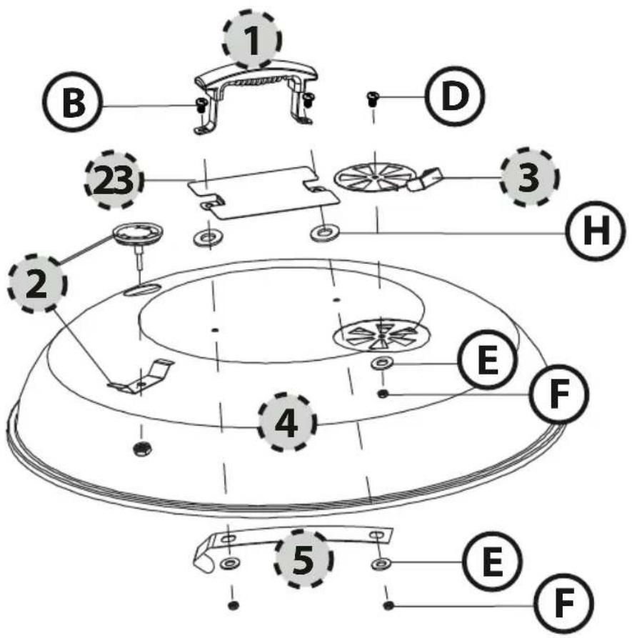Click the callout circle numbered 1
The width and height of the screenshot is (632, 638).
pos(252,39)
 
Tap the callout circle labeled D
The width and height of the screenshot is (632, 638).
pos(455,96)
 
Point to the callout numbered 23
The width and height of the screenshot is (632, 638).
pos(114,180)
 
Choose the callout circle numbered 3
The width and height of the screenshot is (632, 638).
pos(528,177)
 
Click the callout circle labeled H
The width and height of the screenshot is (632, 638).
pos(596,231)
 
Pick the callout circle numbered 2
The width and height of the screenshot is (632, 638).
pos(37,283)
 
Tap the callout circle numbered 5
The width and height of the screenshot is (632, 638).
pos(304,559)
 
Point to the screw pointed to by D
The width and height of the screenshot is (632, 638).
pos(373,99)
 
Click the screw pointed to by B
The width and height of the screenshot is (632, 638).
pos(201,104)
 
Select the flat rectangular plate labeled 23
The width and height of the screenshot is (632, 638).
pos(263,192)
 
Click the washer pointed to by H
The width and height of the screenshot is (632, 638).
pos(323,234)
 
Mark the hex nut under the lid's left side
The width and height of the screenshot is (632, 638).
pos(142,449)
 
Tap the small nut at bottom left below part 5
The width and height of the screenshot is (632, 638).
pos(233,605)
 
